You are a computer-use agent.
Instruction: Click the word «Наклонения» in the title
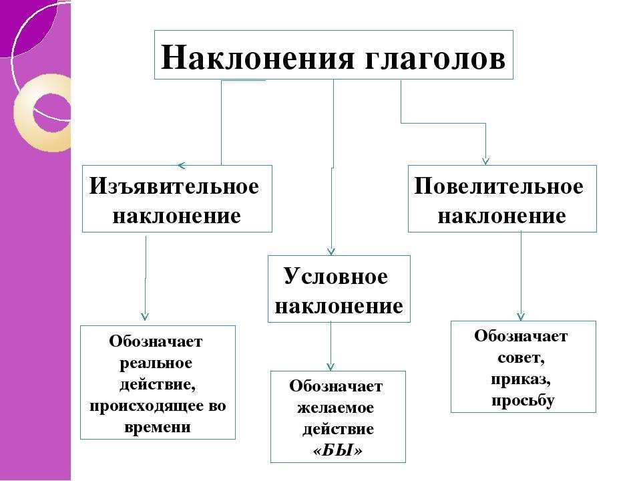[258, 57]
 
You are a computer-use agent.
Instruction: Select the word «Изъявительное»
[174, 186]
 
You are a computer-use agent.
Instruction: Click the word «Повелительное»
[499, 186]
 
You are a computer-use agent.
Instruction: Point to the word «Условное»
[336, 276]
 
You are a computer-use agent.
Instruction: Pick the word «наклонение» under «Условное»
[339, 306]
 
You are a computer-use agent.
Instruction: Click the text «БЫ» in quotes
[338, 450]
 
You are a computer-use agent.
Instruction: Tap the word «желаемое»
[335, 408]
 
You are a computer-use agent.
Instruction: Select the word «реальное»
[156, 363]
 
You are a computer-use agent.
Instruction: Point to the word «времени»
[158, 427]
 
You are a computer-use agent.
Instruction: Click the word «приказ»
[520, 380]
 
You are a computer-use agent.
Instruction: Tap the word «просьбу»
[523, 401]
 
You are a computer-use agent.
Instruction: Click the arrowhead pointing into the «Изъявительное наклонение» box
[182, 165]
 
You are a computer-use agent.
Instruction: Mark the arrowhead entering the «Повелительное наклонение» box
[485, 161]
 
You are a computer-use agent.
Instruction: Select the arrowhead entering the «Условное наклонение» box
[331, 252]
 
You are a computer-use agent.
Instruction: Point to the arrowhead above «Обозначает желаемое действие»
[331, 367]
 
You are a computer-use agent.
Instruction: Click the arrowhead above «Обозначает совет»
[520, 317]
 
